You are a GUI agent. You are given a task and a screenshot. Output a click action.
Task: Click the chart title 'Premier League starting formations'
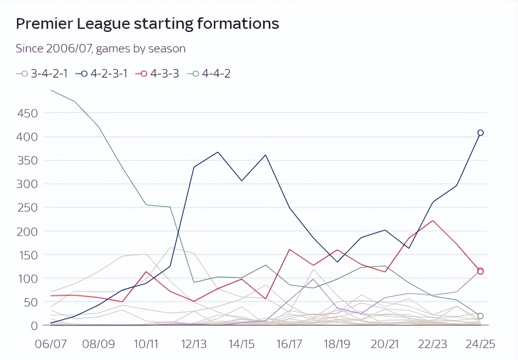[147, 24]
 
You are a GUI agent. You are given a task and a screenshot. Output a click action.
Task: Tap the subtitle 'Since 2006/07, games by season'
[100, 49]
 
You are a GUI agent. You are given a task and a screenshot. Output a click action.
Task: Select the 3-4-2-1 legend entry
[42, 73]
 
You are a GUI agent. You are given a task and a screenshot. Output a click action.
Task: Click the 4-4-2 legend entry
[210, 73]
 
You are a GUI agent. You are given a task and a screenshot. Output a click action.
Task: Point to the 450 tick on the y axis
[27, 113]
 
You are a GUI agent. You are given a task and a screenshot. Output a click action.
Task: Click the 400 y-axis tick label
[27, 137]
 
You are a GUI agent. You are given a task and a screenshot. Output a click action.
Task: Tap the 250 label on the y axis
[27, 207]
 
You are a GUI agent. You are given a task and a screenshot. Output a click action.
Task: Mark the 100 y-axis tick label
[27, 278]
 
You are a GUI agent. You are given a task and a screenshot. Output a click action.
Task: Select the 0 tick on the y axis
[34, 325]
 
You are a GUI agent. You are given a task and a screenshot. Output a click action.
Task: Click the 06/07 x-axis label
[51, 344]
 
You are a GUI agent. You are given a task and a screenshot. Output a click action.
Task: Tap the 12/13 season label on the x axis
[193, 344]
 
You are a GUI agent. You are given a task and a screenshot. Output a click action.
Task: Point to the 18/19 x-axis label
[337, 344]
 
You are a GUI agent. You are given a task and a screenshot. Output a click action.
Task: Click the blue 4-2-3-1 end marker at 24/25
[480, 133]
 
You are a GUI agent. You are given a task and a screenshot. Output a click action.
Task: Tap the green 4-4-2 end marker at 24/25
[480, 316]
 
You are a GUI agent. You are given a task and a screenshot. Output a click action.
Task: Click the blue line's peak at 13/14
[218, 152]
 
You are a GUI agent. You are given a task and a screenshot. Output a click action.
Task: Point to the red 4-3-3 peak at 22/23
[432, 220]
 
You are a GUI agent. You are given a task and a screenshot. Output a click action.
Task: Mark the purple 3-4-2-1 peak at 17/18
[313, 279]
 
